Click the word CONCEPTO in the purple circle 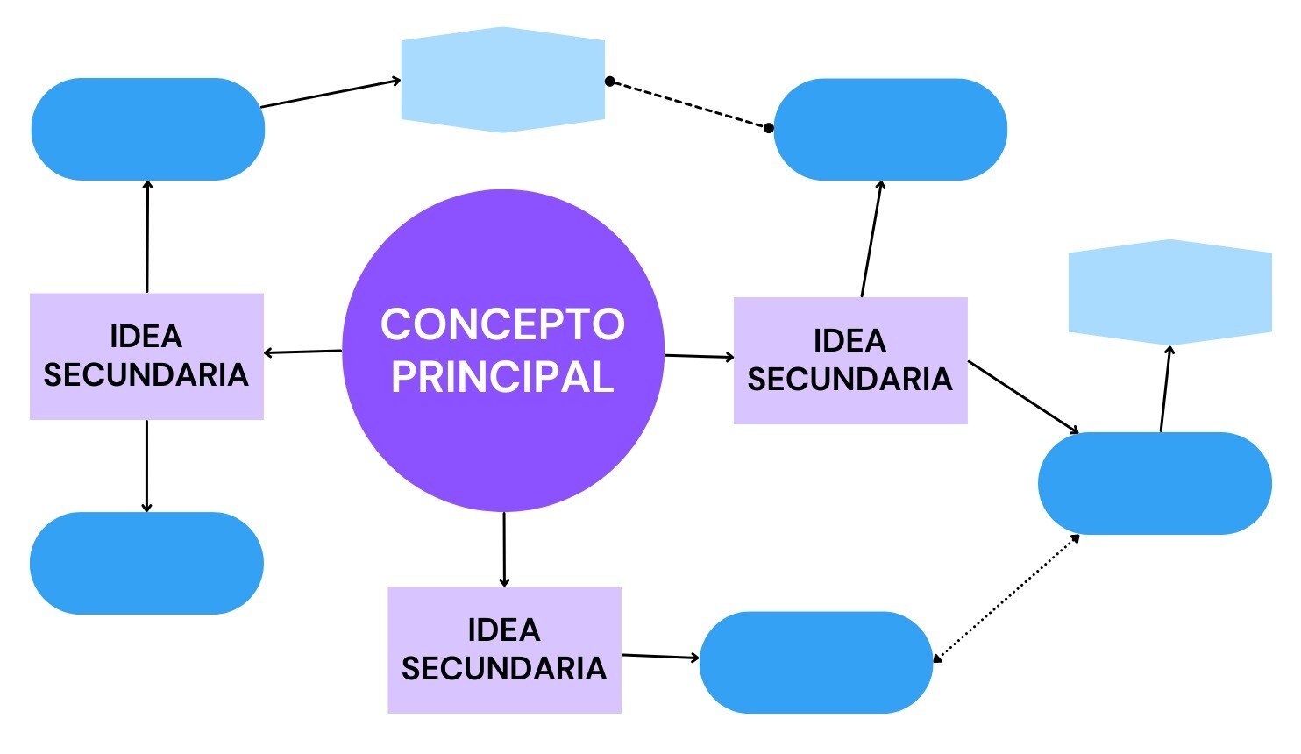click(502, 324)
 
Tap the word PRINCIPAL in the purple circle click(502, 377)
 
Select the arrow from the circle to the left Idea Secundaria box click(302, 352)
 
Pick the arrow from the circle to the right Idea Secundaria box click(699, 357)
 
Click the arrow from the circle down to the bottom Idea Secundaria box click(504, 549)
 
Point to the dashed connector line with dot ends click(689, 104)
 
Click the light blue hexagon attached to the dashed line click(503, 80)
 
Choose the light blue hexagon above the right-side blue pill click(1169, 292)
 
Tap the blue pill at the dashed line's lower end click(890, 130)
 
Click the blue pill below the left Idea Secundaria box click(146, 563)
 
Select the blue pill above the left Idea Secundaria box click(147, 130)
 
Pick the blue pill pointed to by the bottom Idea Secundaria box click(816, 662)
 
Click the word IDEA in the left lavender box click(146, 337)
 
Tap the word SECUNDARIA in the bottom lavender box click(504, 669)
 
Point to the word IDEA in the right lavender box click(850, 341)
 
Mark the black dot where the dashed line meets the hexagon click(609, 82)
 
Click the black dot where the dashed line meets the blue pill click(769, 128)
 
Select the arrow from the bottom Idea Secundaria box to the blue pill click(660, 656)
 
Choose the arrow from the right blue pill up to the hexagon click(1165, 388)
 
